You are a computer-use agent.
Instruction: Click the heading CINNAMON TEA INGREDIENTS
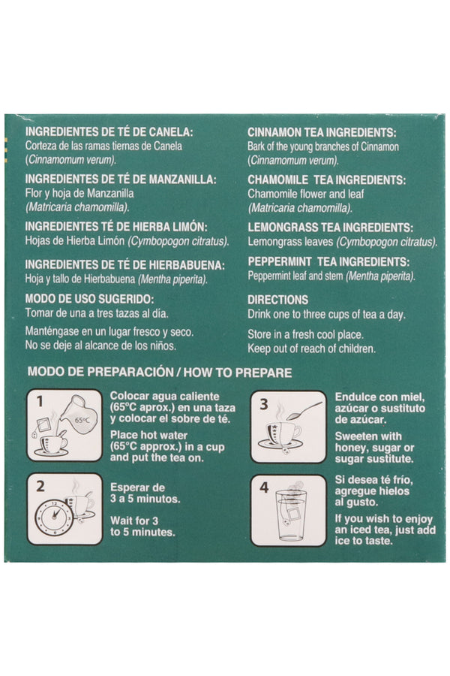[x=322, y=133]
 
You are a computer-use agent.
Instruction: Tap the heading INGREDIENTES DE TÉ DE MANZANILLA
[x=121, y=180]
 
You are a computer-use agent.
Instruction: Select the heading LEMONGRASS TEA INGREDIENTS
[x=330, y=227]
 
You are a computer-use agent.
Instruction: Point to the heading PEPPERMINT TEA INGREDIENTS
[x=328, y=261]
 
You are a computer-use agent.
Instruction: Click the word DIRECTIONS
[x=277, y=300]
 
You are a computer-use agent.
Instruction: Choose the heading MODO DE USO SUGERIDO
[x=89, y=299]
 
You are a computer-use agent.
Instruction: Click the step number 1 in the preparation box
[x=40, y=402]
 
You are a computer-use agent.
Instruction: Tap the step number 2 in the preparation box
[x=40, y=486]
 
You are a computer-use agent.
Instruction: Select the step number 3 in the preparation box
[x=263, y=404]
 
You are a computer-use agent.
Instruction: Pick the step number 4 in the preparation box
[x=264, y=487]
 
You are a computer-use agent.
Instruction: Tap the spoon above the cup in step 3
[x=304, y=411]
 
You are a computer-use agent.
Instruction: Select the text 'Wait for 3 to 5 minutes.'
[x=142, y=527]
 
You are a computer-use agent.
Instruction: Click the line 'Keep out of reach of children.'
[x=311, y=349]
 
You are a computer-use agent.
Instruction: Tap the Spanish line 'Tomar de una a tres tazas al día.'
[x=97, y=313]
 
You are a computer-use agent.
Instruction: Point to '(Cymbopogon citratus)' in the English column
[x=387, y=242]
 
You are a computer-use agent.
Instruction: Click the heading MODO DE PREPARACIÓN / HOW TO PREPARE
[x=160, y=373]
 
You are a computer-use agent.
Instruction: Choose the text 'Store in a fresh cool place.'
[x=305, y=334]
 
